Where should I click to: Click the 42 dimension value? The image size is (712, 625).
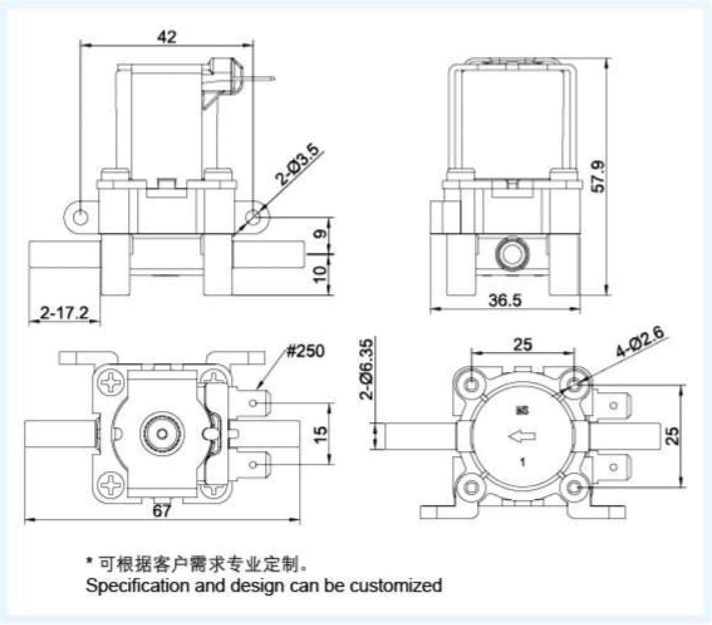point(166,37)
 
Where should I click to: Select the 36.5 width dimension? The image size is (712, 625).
point(505,301)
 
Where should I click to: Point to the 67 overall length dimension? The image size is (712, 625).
point(161,511)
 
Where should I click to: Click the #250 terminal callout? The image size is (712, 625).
point(306,351)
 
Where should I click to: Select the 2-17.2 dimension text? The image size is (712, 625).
point(64,312)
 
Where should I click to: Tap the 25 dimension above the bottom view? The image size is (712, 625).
point(522,344)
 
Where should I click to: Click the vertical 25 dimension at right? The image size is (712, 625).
point(673,436)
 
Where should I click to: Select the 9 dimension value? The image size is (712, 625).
point(320,235)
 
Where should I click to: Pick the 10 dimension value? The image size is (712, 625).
point(320,272)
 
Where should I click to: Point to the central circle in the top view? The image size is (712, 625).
point(163,432)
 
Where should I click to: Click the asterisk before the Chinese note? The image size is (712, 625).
point(89,560)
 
